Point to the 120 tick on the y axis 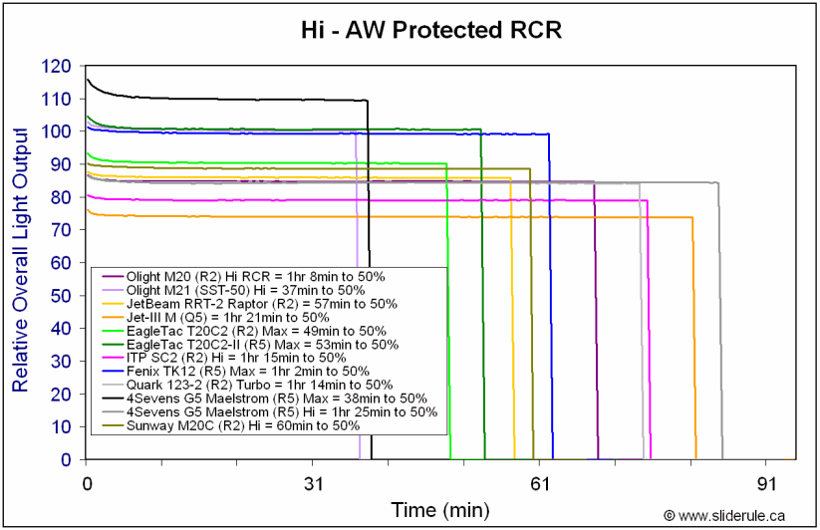coord(57,67)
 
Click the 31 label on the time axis coord(315,483)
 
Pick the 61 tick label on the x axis coord(541,483)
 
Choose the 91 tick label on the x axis coord(767,483)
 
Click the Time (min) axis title coord(440,510)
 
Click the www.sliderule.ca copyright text coord(732,515)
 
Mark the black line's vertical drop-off coord(370,299)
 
